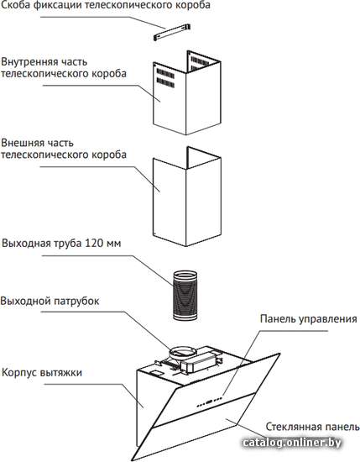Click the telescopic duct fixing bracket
(x=172, y=32)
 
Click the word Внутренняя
(x=29, y=62)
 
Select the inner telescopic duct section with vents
(x=187, y=92)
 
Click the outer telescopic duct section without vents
(x=187, y=197)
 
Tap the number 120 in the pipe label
(x=94, y=244)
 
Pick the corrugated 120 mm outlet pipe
(x=185, y=296)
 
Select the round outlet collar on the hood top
(x=183, y=352)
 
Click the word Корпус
(x=19, y=373)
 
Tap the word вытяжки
(x=61, y=373)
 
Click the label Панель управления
(x=309, y=319)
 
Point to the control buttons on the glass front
(x=209, y=402)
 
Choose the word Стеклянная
(x=293, y=427)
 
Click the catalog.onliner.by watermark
(x=292, y=442)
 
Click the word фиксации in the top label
(x=55, y=5)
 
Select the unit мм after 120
(x=113, y=244)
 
